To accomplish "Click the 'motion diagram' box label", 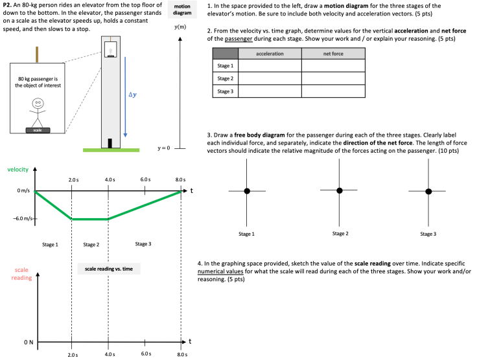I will coord(183,10).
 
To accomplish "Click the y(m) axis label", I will coord(180,27).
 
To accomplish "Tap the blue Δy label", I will coord(133,95).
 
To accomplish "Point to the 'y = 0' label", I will coord(163,148).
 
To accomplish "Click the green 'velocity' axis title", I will coord(17,170).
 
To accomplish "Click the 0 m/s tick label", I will coord(23,192).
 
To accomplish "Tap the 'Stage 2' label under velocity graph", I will coord(91,245).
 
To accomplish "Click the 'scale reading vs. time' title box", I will coord(108,268).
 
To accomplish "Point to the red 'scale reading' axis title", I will coord(21,273).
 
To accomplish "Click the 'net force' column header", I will coord(332,54).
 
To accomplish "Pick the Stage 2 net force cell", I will coord(332,78).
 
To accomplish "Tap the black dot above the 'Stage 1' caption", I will coord(247,191).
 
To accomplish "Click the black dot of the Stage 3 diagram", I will coord(428,191).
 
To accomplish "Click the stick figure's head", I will coord(38,102).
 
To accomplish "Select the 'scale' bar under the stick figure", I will coord(38,130).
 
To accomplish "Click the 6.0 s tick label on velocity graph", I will coord(145,179).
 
